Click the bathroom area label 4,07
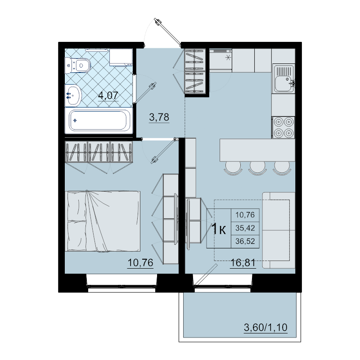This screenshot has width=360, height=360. click(108, 95)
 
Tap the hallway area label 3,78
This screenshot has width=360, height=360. click(159, 117)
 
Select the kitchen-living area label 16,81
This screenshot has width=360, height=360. click(243, 262)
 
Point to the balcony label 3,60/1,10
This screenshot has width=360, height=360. click(265, 328)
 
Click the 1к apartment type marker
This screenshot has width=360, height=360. click(219, 229)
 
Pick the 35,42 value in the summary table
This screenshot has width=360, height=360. click(245, 228)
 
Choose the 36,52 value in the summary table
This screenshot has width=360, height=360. click(245, 241)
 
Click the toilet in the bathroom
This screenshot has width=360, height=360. click(77, 65)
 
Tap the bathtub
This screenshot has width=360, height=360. click(99, 121)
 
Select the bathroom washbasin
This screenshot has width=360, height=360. click(73, 95)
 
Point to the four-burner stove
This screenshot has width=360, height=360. click(283, 127)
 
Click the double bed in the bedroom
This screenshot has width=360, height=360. click(103, 221)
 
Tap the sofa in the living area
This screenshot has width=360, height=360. click(279, 230)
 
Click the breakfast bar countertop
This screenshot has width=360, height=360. click(257, 150)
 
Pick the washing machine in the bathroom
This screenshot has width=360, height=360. click(121, 57)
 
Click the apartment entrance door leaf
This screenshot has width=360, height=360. click(167, 31)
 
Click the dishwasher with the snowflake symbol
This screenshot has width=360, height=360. click(220, 59)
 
